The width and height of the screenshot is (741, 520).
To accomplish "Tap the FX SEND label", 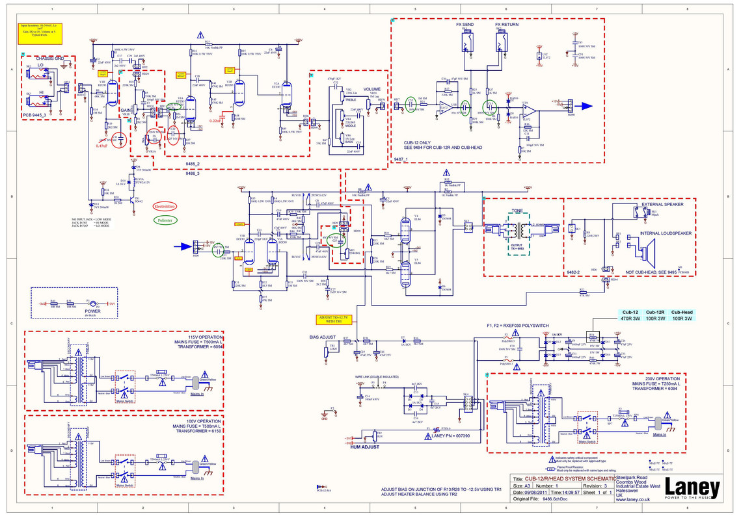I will coord(465,24).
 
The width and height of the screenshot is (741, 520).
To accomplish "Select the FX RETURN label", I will coord(507,24).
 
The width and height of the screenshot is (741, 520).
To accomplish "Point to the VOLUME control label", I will coord(372,89).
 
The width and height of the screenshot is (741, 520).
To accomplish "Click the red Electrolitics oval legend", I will coord(165,206).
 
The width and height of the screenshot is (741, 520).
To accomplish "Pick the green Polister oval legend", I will coord(165,220).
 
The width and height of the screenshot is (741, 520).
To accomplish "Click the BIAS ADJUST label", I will coord(322,337).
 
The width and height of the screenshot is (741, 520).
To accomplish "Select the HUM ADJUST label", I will coord(364,447).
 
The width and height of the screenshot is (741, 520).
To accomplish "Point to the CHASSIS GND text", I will coord(49,58).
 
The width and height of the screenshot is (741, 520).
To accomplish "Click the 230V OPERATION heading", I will coord(662,379).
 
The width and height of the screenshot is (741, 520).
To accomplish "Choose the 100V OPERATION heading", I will coord(202,421).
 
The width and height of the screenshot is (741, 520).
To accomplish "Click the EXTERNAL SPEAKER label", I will coord(662,204).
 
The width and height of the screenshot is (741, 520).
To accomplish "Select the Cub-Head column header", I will coord(682,312).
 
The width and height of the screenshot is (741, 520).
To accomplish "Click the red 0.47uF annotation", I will coord(101,146).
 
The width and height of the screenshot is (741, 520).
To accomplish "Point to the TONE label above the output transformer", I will coord(517,211).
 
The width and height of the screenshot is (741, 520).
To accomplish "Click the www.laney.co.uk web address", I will coord(634,499).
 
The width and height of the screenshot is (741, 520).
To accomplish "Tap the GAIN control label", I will coord(126,110).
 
